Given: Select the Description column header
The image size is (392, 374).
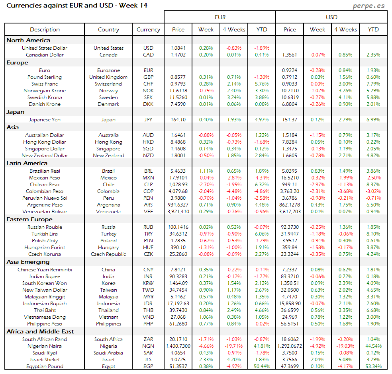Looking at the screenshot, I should [x=45, y=29].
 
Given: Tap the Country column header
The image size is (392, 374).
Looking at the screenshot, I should [x=108, y=29].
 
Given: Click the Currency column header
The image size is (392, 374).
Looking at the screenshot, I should [x=148, y=29].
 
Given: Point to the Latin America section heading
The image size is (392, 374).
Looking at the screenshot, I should [x=27, y=163].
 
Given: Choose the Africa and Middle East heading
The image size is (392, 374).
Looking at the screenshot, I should [x=40, y=331].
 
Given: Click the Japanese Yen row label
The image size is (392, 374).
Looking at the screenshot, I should [x=45, y=119].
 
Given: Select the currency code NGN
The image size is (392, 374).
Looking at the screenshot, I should [x=148, y=346].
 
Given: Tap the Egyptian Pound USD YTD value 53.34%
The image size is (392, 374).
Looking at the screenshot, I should [x=373, y=366].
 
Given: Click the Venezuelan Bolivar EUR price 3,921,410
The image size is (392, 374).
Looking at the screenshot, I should [x=178, y=212].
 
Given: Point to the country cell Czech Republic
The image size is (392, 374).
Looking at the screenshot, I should [x=108, y=254].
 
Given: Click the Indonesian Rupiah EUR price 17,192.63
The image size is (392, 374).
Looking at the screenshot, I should [x=178, y=304].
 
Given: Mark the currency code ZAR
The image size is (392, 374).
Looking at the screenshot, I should [x=148, y=339].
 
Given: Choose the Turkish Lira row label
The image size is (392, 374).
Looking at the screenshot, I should [x=45, y=234].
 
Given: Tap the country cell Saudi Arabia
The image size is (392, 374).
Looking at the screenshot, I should [x=108, y=353].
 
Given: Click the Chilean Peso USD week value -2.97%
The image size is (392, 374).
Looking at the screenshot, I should [x=318, y=185].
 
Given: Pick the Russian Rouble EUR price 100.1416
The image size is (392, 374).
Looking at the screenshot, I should [x=178, y=227].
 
